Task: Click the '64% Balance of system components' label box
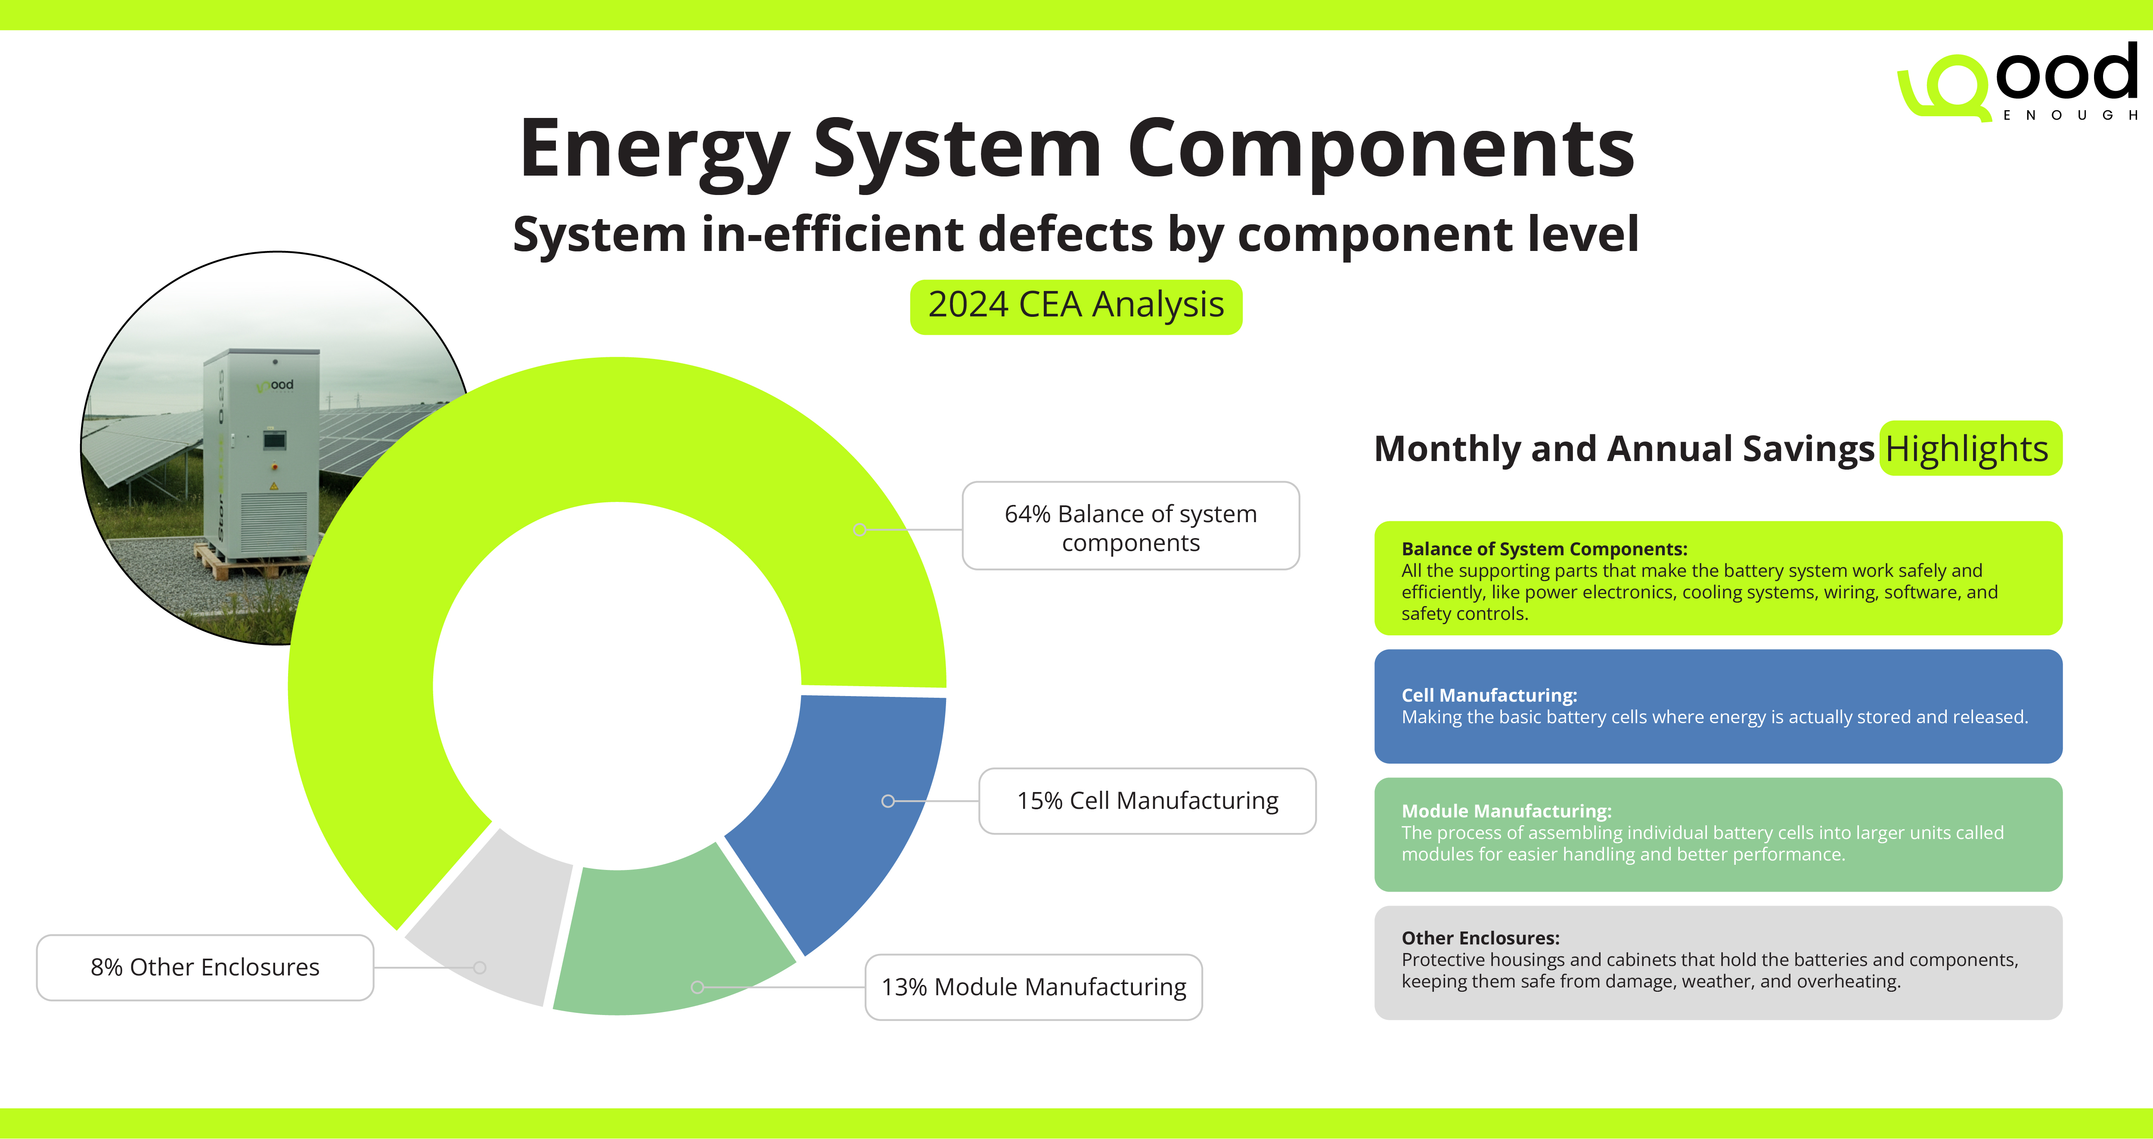[1131, 526]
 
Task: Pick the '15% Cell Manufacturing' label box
[1148, 801]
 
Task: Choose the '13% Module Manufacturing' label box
[1034, 987]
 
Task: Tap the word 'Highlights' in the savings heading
[1967, 449]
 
